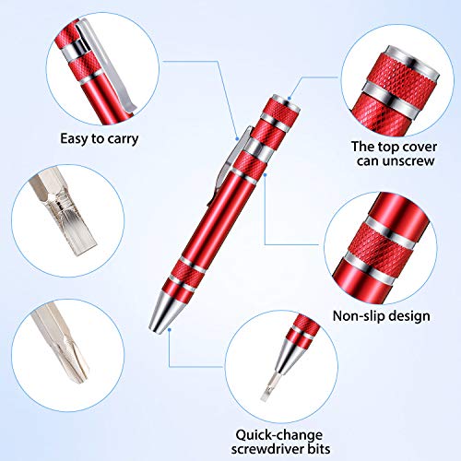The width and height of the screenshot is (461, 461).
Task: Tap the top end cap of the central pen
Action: pos(281,100)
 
